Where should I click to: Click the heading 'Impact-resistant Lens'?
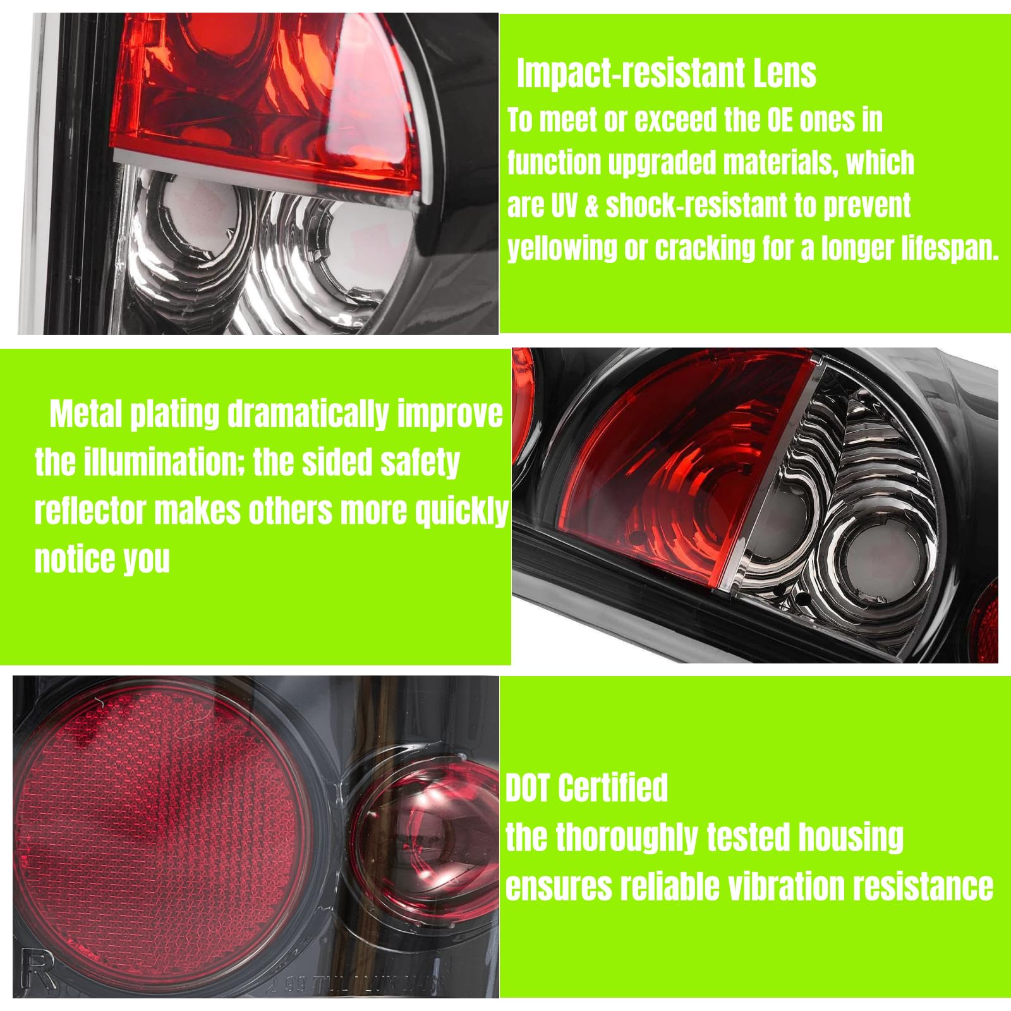pyautogui.click(x=667, y=73)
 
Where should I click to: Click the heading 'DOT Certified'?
pyautogui.click(x=586, y=788)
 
